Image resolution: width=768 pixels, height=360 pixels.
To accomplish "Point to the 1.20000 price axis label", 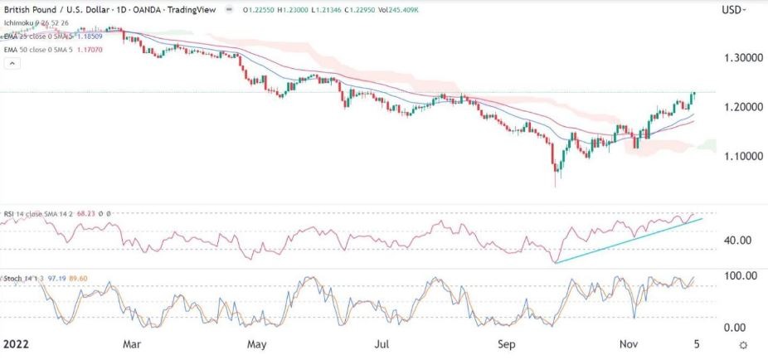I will click(741, 107).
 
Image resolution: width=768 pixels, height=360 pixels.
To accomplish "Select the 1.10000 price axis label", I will click(741, 156).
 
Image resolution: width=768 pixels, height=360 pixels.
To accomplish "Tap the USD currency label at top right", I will click(733, 10).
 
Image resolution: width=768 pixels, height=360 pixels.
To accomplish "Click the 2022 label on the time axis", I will click(17, 343).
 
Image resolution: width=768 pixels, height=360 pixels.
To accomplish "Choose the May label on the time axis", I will click(257, 343).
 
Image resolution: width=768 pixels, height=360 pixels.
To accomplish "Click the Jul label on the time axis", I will click(382, 343).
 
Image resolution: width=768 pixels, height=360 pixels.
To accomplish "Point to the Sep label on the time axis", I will click(508, 343).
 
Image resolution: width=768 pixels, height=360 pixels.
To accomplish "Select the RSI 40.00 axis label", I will click(738, 240).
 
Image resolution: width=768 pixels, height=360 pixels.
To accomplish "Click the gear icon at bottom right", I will click(744, 343).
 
